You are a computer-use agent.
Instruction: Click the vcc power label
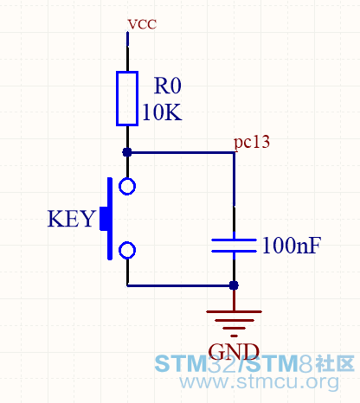[x=142, y=24]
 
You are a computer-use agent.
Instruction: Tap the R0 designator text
[x=168, y=86]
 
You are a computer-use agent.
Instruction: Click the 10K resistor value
[x=162, y=112]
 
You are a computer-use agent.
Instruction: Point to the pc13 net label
[x=252, y=142]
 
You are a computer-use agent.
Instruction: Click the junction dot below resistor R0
[x=127, y=152]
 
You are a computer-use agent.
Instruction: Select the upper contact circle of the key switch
[x=127, y=187]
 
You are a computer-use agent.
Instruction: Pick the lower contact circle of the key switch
[x=127, y=250]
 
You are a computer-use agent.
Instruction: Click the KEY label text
[x=71, y=219]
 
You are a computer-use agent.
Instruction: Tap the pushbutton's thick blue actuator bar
[x=110, y=219]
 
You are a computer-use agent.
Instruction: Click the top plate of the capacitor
[x=234, y=240]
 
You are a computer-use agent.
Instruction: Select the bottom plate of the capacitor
[x=234, y=252]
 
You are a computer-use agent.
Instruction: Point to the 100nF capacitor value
[x=292, y=246]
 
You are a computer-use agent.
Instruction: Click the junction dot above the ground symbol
[x=234, y=285]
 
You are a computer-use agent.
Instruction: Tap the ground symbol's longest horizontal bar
[x=234, y=311]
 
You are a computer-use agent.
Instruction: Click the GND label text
[x=234, y=351]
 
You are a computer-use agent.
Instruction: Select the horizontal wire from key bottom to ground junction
[x=180, y=285]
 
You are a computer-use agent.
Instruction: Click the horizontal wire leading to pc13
[x=180, y=152]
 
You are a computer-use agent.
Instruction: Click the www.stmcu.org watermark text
[x=259, y=382]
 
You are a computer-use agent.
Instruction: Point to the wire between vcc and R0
[x=127, y=51]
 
